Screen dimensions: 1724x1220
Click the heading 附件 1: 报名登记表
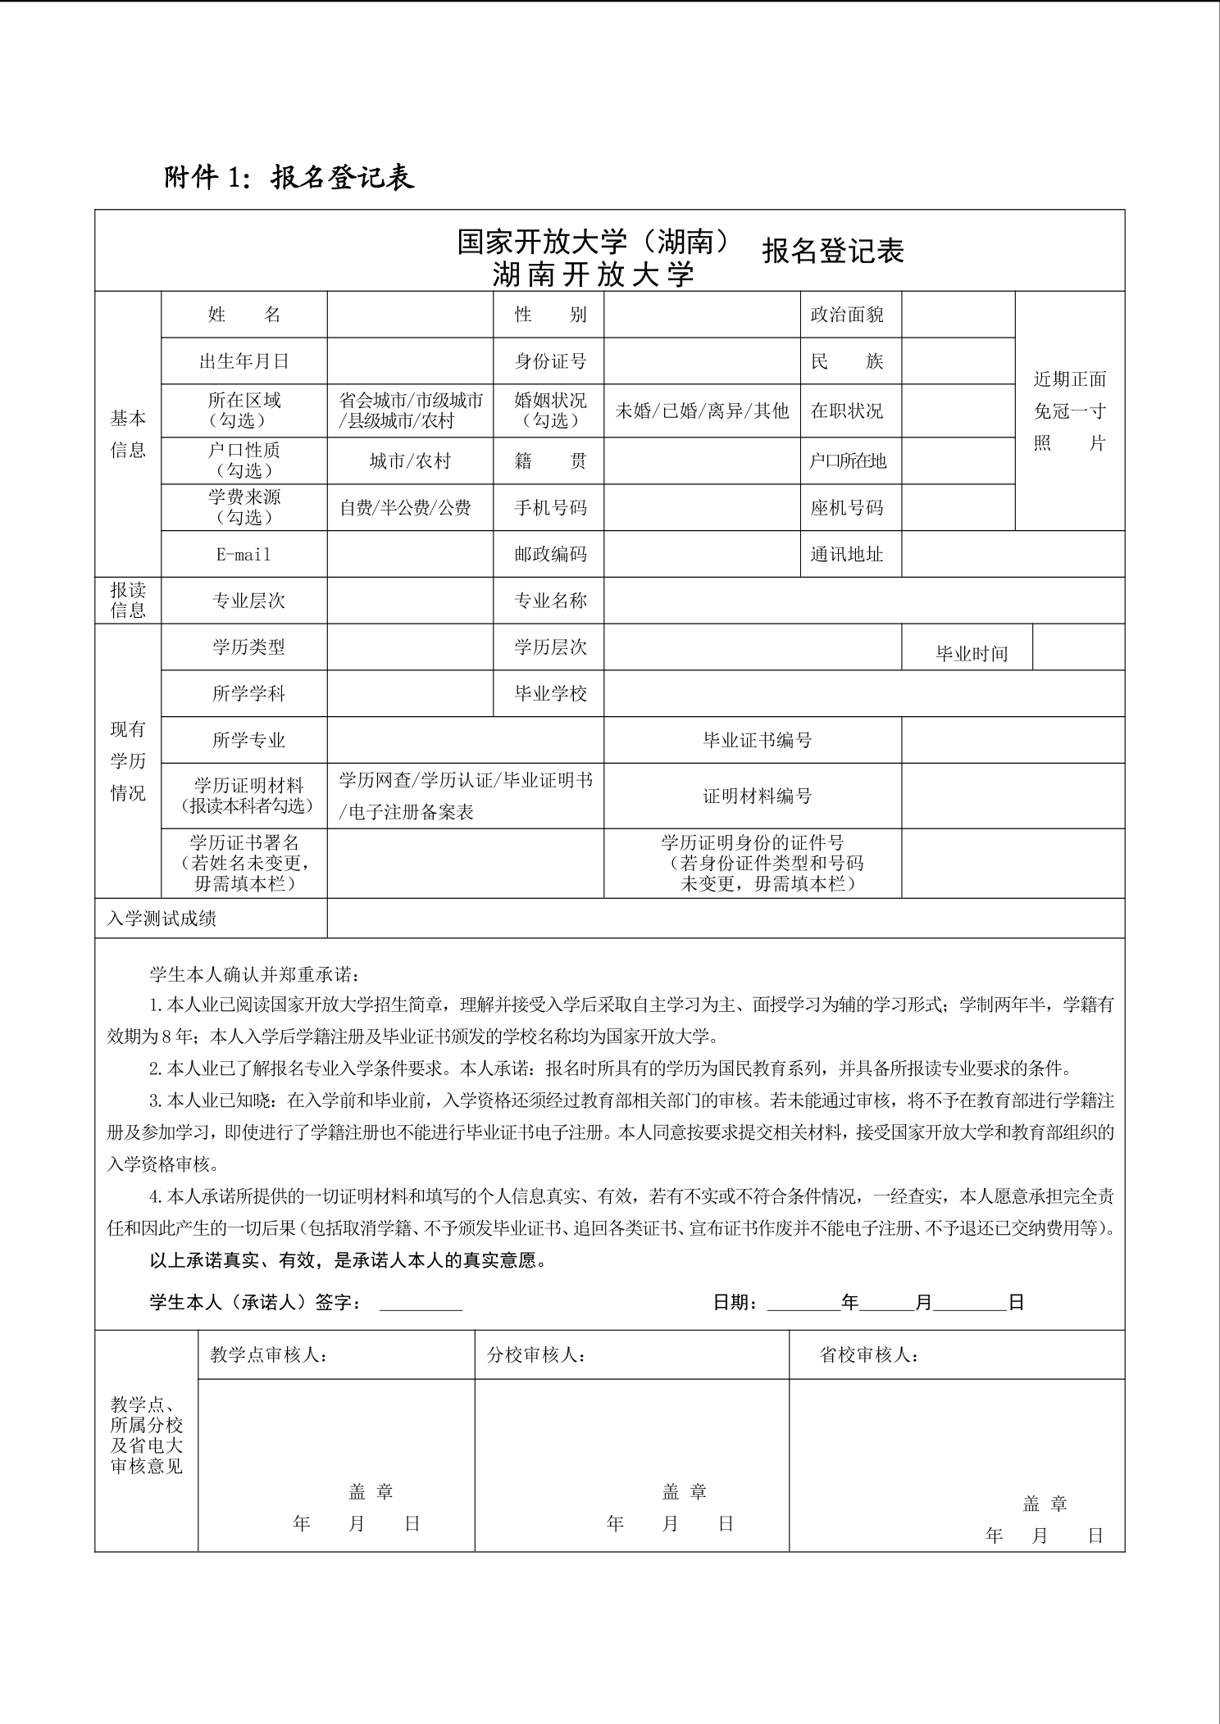(x=289, y=177)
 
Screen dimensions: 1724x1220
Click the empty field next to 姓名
(x=410, y=315)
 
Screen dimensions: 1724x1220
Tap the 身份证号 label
(x=550, y=361)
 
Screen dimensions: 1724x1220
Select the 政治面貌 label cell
(x=847, y=315)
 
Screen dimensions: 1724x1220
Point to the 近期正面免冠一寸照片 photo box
(x=1069, y=411)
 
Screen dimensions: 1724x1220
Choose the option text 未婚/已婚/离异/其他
(x=702, y=411)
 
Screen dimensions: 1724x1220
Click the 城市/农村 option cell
(x=410, y=461)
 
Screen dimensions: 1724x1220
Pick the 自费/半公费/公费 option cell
(x=406, y=508)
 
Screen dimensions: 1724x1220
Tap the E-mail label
(x=244, y=555)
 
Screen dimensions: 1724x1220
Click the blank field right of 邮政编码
(x=702, y=555)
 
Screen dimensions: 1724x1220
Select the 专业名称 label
(x=550, y=601)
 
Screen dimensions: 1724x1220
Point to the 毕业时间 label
(x=972, y=654)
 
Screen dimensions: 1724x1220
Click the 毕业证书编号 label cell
(x=757, y=741)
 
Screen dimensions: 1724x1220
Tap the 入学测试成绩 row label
(x=162, y=919)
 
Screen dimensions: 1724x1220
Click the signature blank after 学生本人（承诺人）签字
(x=421, y=1303)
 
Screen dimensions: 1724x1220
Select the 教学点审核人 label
(x=269, y=1355)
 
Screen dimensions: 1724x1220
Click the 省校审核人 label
(x=868, y=1355)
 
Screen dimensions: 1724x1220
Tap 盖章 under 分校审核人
(x=684, y=1492)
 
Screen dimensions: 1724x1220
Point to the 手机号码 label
(x=550, y=508)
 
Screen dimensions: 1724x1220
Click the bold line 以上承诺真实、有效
(x=348, y=1260)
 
